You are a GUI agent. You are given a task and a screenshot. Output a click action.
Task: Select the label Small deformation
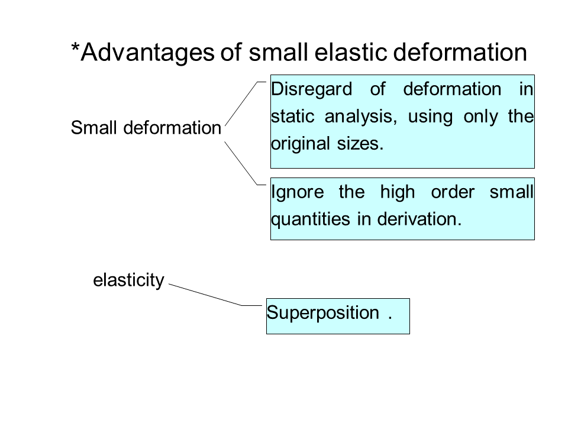(x=146, y=128)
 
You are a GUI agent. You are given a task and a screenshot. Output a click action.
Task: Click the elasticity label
(x=128, y=280)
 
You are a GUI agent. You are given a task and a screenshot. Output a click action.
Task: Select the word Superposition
(x=323, y=312)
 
